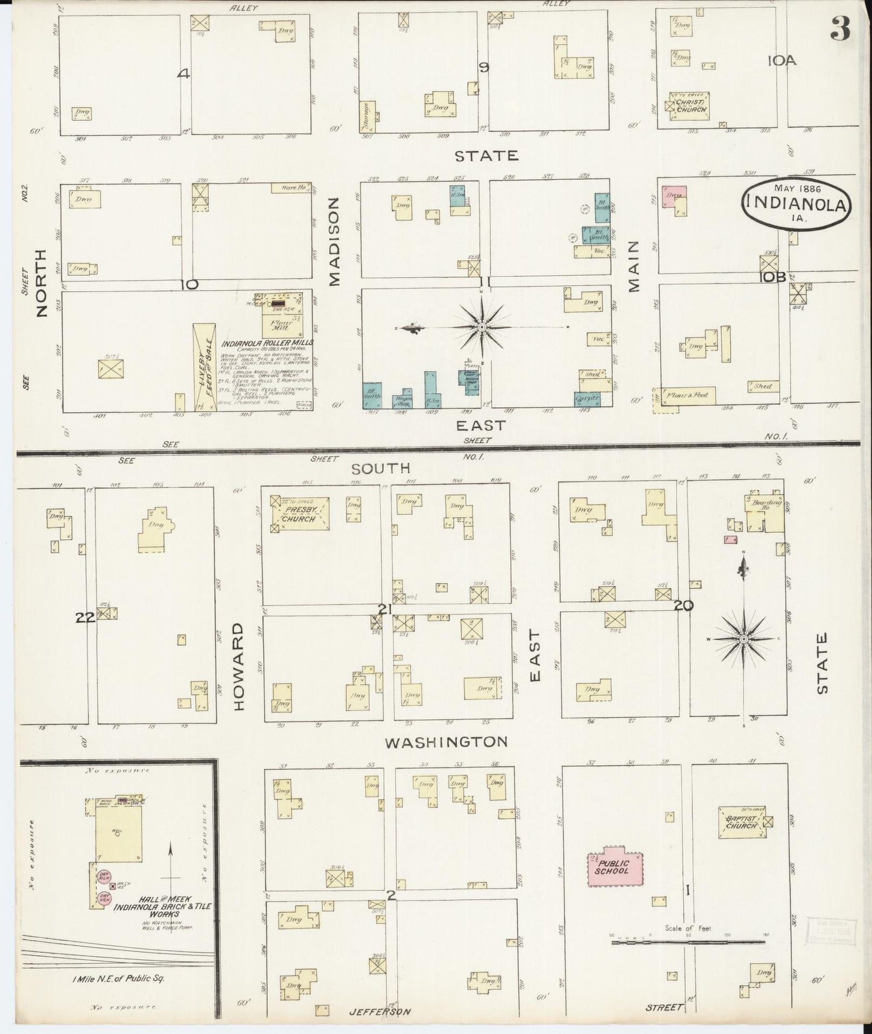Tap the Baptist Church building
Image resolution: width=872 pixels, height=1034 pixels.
click(x=741, y=822)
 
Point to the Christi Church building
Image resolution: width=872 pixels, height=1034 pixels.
click(x=691, y=106)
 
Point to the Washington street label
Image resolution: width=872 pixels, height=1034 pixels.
click(x=446, y=741)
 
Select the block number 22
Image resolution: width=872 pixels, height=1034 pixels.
click(x=86, y=617)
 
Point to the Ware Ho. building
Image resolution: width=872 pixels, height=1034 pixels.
click(x=290, y=188)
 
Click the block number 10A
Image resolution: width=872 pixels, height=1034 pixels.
click(x=783, y=60)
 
